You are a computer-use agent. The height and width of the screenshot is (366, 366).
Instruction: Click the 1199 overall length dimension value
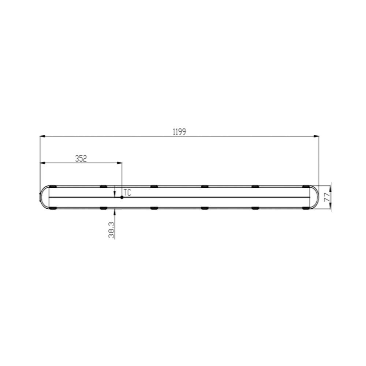(x=180, y=132)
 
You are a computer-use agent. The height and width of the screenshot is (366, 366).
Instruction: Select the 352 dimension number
(x=81, y=158)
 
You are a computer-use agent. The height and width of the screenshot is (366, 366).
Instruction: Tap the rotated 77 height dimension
(x=327, y=198)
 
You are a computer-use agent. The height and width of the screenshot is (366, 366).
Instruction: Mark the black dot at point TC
(x=122, y=197)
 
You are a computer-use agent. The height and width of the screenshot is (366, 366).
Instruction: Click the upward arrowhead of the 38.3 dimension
(x=115, y=211)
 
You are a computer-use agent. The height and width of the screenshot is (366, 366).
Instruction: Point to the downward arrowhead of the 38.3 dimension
(x=115, y=193)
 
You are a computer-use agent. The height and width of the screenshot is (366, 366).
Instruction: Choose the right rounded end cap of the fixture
(x=315, y=197)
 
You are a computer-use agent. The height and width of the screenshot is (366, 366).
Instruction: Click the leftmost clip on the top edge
(x=52, y=186)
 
